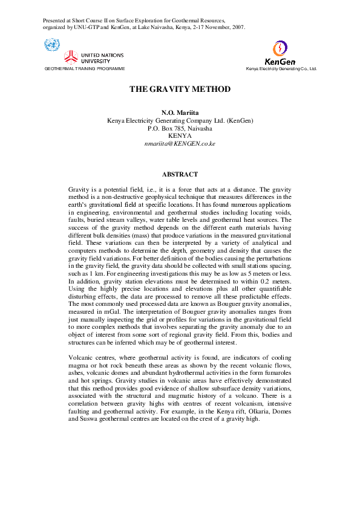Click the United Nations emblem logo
pos(52,45)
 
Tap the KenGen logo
pos(280,53)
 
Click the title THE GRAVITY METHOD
pos(180,89)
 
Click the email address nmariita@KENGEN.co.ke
pos(180,144)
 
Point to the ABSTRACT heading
pos(180,174)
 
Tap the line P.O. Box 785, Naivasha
pos(180,128)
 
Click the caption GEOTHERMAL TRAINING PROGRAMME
pos(85,69)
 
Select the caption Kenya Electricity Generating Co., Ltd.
pos(281,69)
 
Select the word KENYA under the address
pos(180,136)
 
